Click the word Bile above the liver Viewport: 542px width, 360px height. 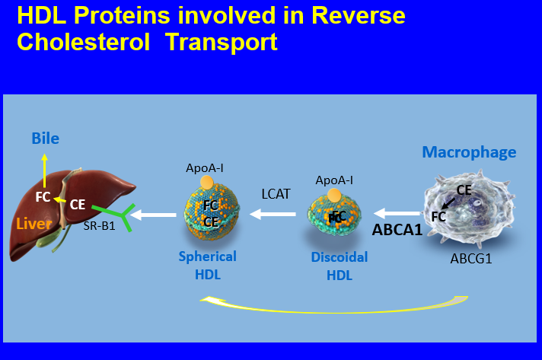[45, 139]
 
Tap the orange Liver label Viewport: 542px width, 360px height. [33, 225]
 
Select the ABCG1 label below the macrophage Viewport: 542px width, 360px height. [470, 258]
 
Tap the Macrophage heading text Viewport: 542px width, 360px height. [469, 152]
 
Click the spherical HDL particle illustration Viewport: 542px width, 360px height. [211, 214]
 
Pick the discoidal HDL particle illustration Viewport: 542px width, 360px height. [334, 219]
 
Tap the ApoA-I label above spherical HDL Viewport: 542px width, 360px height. [205, 167]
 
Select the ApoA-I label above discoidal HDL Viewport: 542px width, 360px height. [334, 180]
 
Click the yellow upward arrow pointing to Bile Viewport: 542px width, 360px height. [44, 169]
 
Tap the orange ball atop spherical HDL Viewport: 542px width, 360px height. [206, 183]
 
